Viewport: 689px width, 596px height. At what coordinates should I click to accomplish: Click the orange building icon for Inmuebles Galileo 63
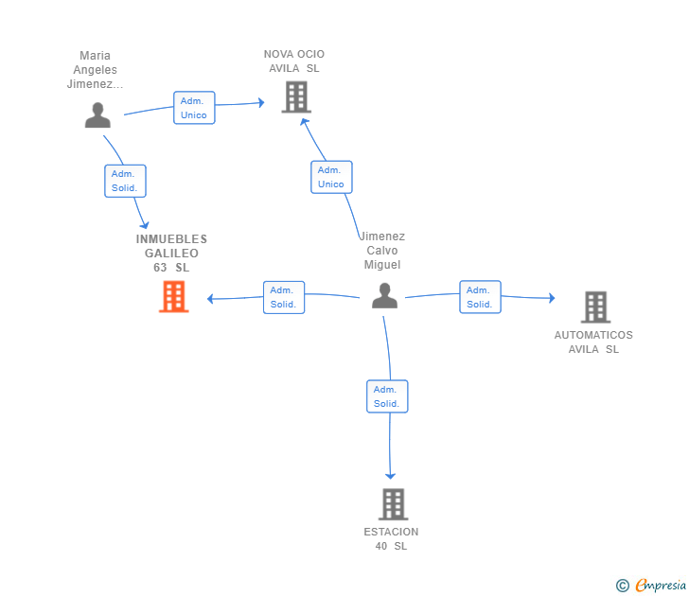click(x=173, y=297)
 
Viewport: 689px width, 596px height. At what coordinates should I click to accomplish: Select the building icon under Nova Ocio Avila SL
click(x=296, y=97)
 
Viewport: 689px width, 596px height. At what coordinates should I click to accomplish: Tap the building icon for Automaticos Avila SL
click(x=596, y=307)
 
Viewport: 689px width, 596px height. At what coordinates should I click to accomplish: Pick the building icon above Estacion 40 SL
click(x=394, y=504)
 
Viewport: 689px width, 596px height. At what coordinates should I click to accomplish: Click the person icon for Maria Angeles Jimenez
click(x=97, y=115)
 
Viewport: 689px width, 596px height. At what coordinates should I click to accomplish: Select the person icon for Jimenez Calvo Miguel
click(x=384, y=295)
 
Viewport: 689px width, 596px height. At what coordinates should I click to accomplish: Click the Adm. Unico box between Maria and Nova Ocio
click(x=194, y=108)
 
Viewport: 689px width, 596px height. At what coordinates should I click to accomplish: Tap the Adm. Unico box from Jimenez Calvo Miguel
click(x=331, y=177)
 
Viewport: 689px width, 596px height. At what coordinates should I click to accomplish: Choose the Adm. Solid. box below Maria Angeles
click(x=125, y=181)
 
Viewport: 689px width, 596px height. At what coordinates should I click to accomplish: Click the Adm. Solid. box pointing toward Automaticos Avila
click(x=480, y=297)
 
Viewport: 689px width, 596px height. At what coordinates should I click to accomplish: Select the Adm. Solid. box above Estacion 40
click(x=387, y=396)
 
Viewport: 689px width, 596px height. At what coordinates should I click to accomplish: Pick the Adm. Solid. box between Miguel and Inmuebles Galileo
click(x=284, y=297)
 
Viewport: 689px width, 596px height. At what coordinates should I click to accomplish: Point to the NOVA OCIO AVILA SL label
click(x=294, y=61)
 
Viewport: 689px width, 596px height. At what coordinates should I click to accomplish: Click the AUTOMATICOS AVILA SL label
click(x=593, y=342)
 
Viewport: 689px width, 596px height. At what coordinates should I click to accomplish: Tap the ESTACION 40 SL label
click(x=391, y=539)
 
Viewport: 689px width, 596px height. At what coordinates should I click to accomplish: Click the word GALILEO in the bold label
click(x=172, y=254)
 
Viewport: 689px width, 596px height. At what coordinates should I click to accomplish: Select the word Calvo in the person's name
click(x=382, y=251)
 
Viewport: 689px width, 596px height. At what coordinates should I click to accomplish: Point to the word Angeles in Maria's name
click(x=95, y=70)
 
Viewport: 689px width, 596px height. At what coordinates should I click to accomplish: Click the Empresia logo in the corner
click(x=651, y=585)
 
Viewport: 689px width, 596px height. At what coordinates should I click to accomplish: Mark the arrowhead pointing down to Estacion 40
click(x=390, y=476)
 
